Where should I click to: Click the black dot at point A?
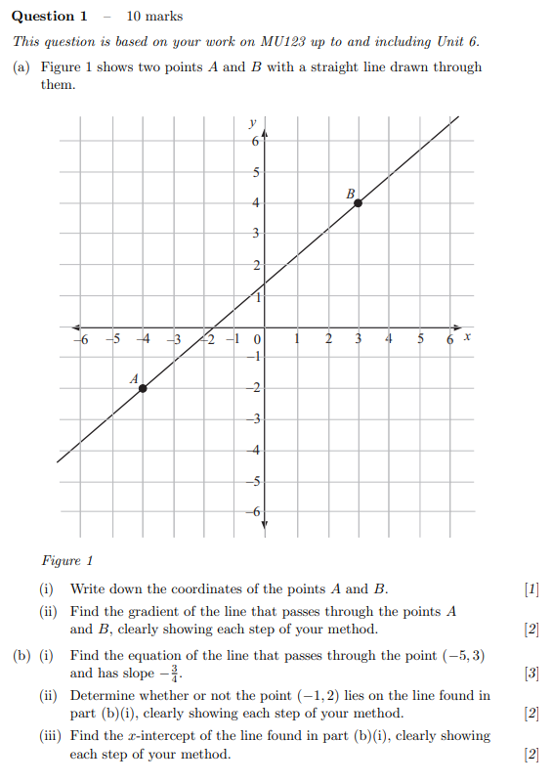pyautogui.click(x=143, y=388)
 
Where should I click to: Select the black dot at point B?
pyautogui.click(x=359, y=202)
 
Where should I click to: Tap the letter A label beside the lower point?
pyautogui.click(x=134, y=377)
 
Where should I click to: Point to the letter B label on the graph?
pyautogui.click(x=350, y=194)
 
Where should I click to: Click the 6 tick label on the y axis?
pyautogui.click(x=256, y=142)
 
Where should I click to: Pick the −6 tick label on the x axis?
pyautogui.click(x=82, y=339)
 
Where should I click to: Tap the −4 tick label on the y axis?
pyautogui.click(x=255, y=450)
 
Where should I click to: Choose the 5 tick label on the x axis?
pyautogui.click(x=420, y=339)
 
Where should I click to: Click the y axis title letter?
pyautogui.click(x=253, y=123)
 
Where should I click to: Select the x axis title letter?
pyautogui.click(x=467, y=336)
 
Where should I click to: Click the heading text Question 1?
pyautogui.click(x=50, y=16)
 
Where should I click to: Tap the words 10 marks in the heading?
pyautogui.click(x=155, y=16)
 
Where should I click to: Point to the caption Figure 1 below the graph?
pyautogui.click(x=67, y=561)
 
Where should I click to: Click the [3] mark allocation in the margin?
pyautogui.click(x=531, y=673)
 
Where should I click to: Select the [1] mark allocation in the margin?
pyautogui.click(x=531, y=588)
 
